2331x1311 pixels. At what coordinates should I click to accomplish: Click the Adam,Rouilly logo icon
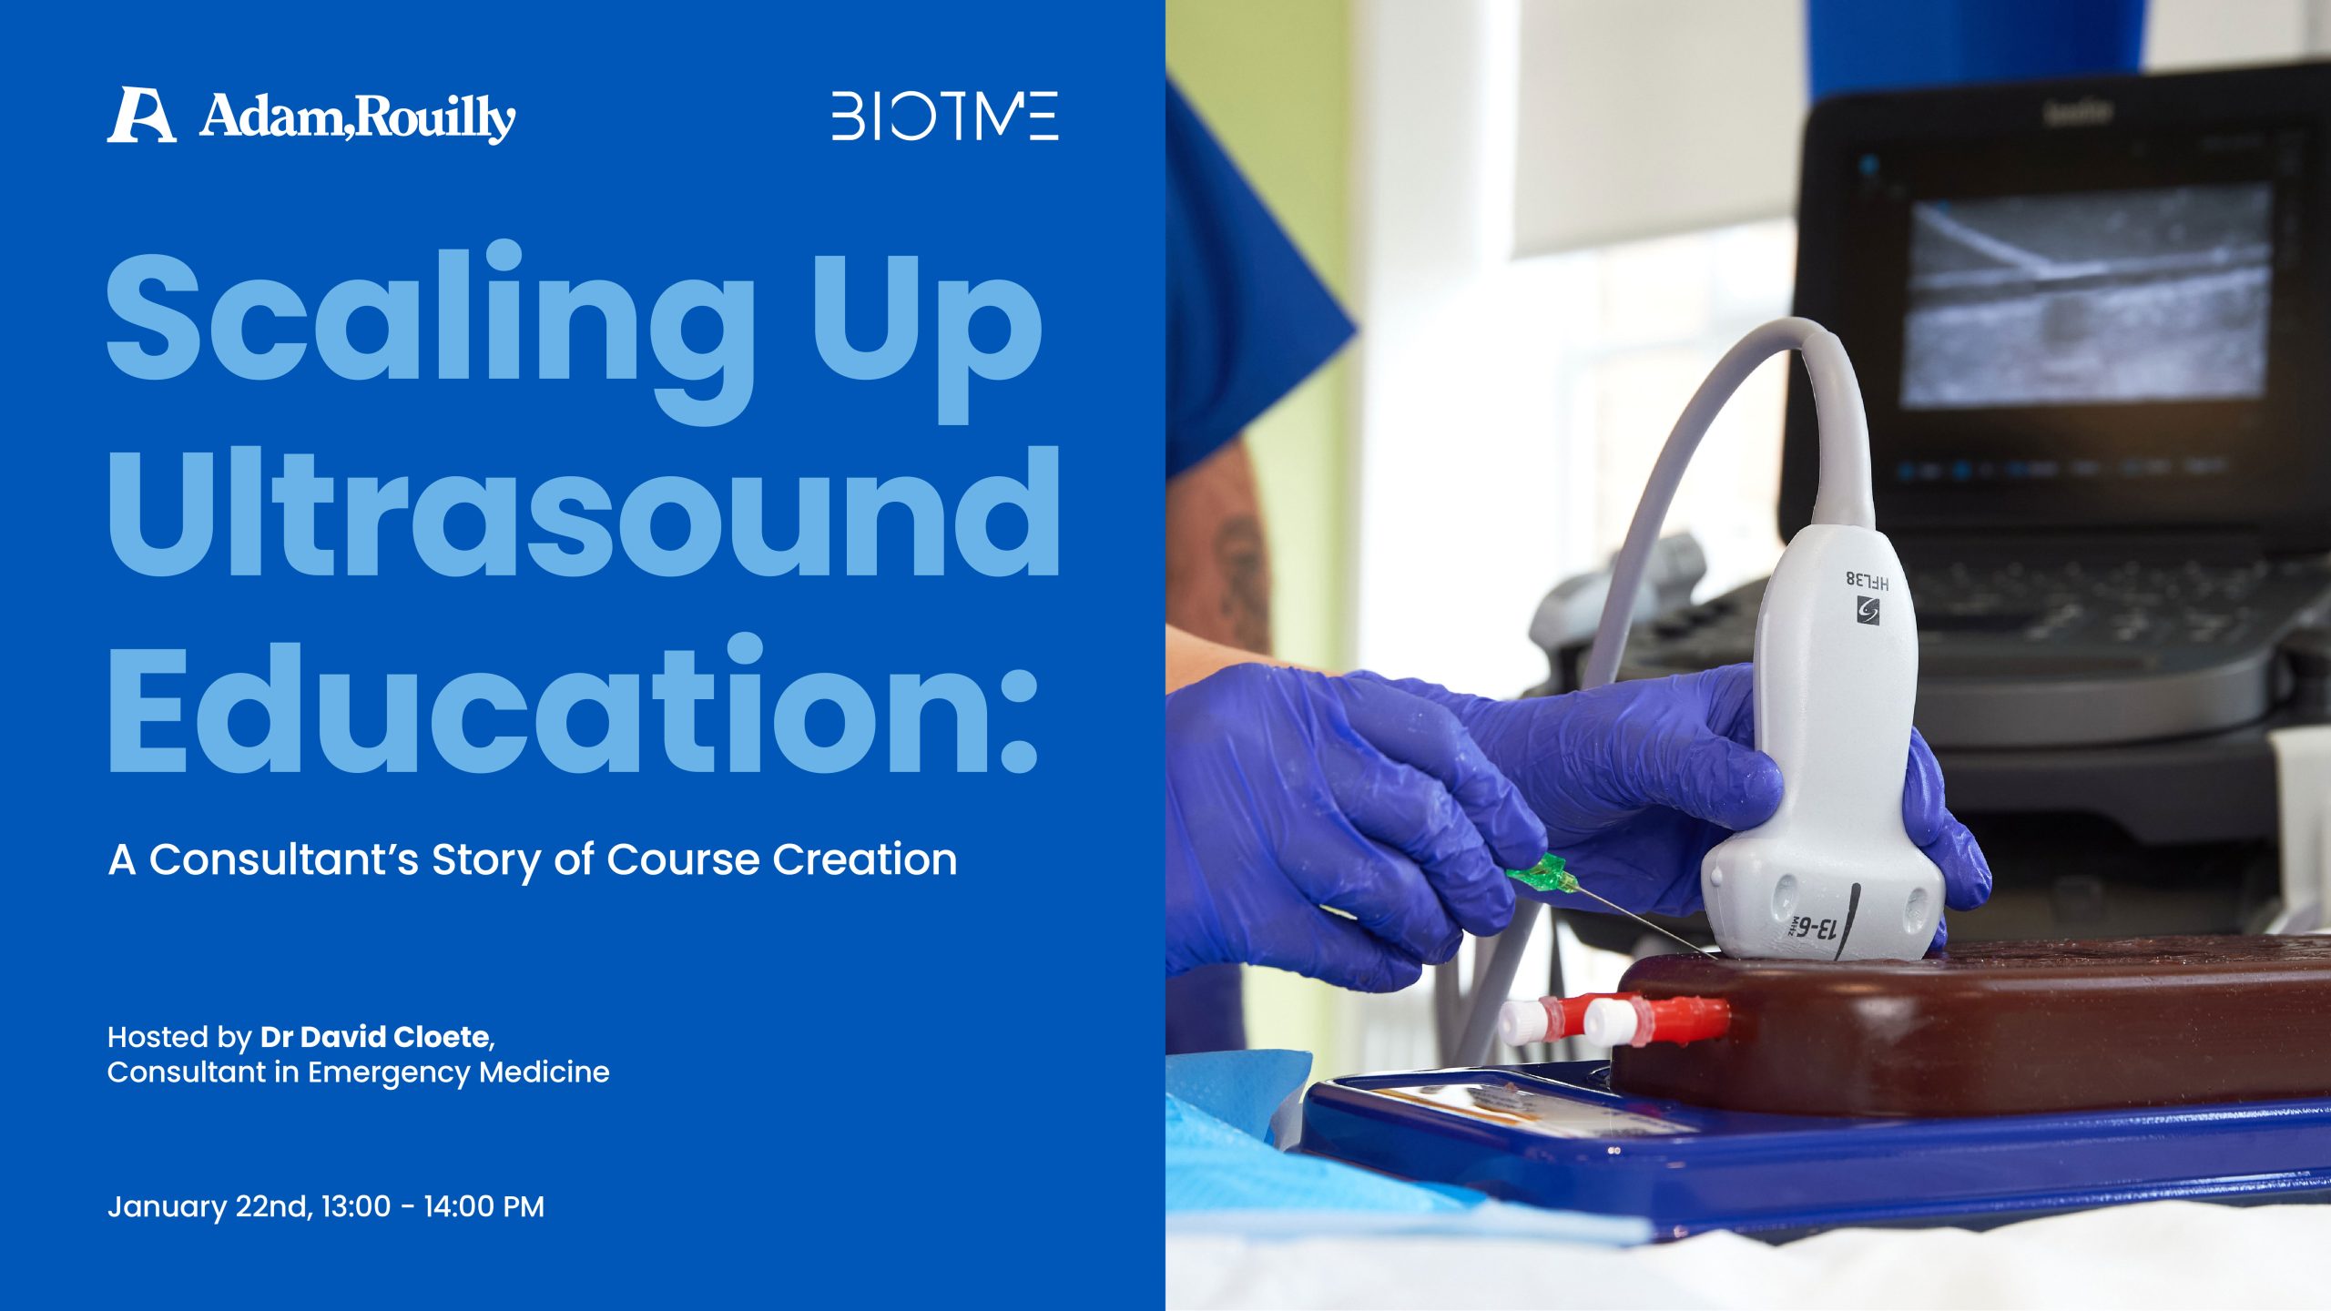coord(141,116)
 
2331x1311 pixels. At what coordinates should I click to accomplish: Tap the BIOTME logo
coord(944,116)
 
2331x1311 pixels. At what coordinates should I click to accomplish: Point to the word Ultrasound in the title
coord(583,514)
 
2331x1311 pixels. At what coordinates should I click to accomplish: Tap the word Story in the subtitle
coord(484,860)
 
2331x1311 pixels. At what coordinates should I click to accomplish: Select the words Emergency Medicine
coord(458,1072)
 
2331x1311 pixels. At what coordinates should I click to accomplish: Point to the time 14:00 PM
coord(484,1206)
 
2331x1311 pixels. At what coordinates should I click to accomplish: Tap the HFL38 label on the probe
coord(1867,580)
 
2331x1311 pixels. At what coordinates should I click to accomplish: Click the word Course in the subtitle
coord(682,860)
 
